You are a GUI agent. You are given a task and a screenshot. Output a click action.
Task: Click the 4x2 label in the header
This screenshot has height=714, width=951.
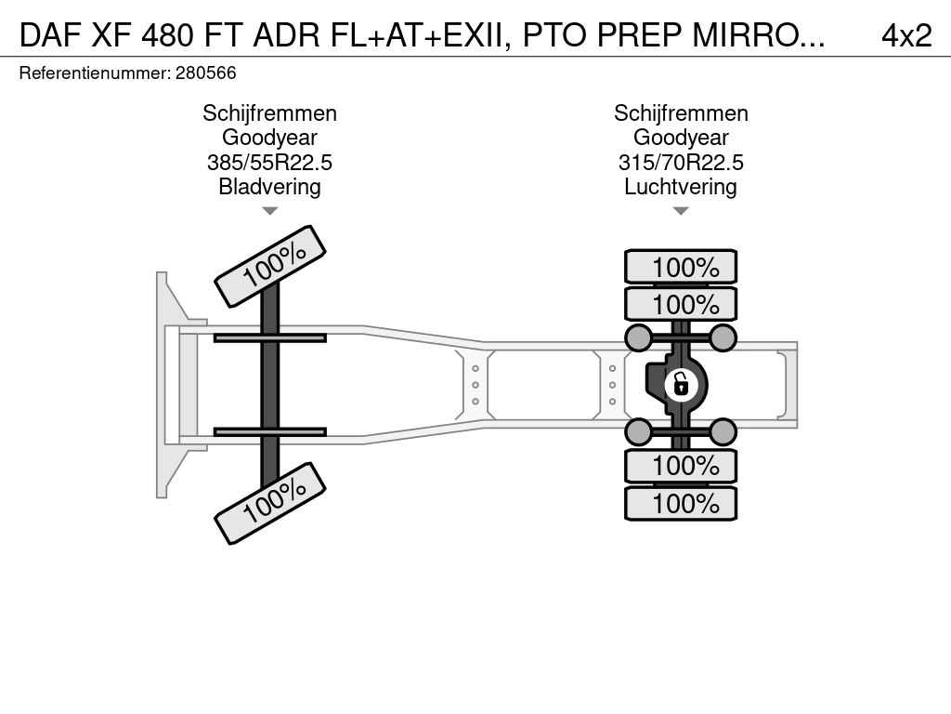pyautogui.click(x=906, y=36)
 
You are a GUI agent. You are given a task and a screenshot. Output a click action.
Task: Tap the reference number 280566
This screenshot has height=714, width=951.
pyautogui.click(x=205, y=73)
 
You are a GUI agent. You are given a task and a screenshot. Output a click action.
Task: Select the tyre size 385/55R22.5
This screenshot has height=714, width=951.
pyautogui.click(x=269, y=163)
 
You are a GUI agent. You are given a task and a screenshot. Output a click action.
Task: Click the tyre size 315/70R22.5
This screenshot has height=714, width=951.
pyautogui.click(x=681, y=163)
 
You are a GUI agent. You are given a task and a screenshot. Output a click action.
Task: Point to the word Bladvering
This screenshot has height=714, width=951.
pyautogui.click(x=269, y=187)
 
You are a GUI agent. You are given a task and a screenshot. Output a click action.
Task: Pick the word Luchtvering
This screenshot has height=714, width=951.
pyautogui.click(x=681, y=187)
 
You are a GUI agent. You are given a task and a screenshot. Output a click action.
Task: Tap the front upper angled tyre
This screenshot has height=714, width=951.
pyautogui.click(x=270, y=267)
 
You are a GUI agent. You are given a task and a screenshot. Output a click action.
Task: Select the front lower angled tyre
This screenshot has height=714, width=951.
pyautogui.click(x=270, y=503)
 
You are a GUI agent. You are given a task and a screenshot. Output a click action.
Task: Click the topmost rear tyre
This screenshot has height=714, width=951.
pyautogui.click(x=681, y=267)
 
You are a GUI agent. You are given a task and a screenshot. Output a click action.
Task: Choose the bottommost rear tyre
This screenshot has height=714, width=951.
pyautogui.click(x=681, y=503)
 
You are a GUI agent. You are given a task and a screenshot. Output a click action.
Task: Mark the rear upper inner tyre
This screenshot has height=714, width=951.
pyautogui.click(x=681, y=304)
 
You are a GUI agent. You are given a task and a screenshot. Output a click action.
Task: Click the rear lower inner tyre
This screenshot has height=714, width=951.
pyautogui.click(x=681, y=466)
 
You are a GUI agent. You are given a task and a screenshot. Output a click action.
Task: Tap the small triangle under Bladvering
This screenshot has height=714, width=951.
pyautogui.click(x=270, y=211)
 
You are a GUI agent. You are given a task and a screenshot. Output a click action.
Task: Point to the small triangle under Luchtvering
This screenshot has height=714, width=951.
pyautogui.click(x=681, y=211)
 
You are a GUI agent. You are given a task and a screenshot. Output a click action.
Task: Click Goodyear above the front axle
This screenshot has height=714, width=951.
pyautogui.click(x=269, y=138)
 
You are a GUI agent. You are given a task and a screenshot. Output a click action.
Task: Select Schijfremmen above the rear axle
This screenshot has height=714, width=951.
pyautogui.click(x=681, y=113)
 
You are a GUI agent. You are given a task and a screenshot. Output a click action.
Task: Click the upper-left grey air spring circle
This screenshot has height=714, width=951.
pyautogui.click(x=639, y=337)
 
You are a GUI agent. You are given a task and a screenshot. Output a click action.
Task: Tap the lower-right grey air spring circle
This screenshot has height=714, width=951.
pyautogui.click(x=723, y=431)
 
